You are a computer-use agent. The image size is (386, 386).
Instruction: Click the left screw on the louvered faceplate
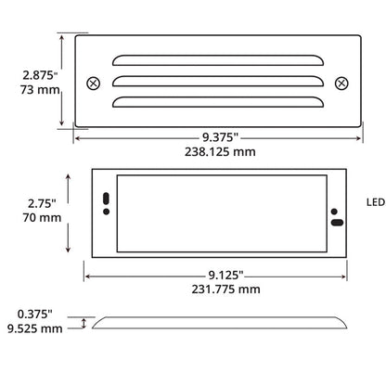coord(92,83)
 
